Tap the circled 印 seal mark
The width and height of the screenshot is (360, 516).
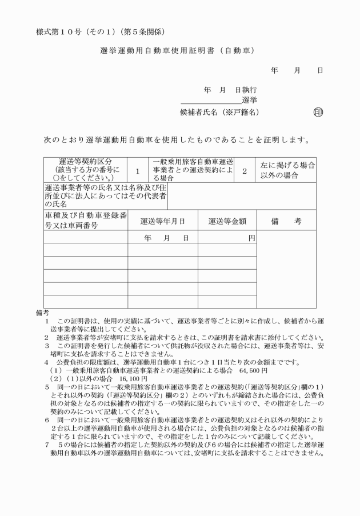pyautogui.click(x=318, y=112)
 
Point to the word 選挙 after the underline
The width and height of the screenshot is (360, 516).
pyautogui.click(x=249, y=101)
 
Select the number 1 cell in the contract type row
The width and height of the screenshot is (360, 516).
pyautogui.click(x=138, y=170)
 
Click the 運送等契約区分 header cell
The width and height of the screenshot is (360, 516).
pyautogui.click(x=85, y=170)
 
